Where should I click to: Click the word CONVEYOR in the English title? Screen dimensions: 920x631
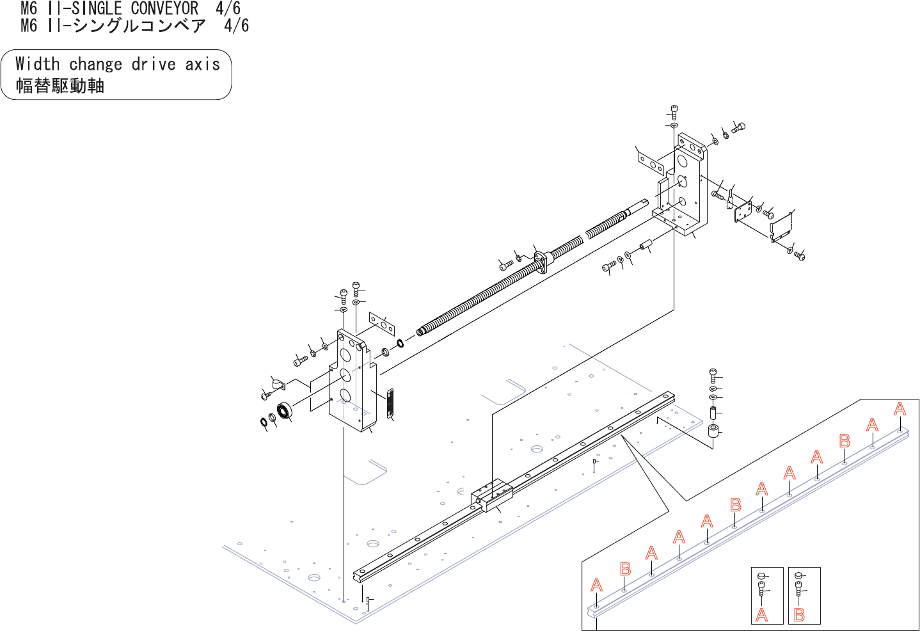[164, 8]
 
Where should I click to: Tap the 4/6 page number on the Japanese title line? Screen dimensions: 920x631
[236, 26]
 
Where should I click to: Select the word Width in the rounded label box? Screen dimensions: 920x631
[37, 64]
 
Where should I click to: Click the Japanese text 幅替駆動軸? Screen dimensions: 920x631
[59, 86]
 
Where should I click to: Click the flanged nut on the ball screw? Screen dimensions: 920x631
[541, 262]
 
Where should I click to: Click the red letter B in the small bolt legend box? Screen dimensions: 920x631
[799, 614]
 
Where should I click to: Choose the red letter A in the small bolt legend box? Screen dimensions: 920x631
[761, 614]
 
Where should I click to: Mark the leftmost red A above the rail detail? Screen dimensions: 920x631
[596, 585]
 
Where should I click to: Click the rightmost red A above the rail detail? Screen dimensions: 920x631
[900, 409]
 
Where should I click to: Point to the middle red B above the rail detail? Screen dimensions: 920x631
[736, 505]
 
